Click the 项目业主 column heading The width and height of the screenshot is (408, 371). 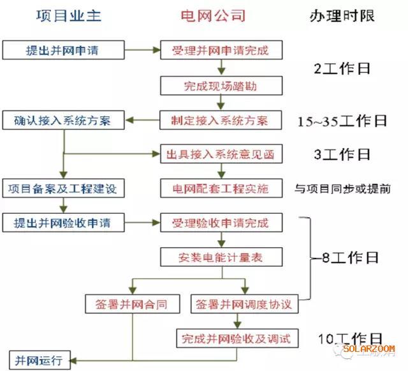click(69, 16)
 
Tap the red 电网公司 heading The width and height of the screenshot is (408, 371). click(213, 16)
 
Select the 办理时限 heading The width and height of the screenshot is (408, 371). click(342, 16)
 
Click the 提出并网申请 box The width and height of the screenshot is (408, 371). click(63, 50)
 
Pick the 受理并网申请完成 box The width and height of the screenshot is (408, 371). click(221, 50)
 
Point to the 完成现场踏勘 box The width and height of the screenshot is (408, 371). click(221, 86)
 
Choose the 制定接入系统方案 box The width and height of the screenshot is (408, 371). click(221, 120)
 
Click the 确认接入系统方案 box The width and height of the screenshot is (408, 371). click(63, 120)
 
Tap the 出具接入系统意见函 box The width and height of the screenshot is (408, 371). click(221, 154)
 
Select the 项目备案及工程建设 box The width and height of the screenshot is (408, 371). click(63, 188)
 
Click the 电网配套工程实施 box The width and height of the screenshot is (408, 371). click(221, 188)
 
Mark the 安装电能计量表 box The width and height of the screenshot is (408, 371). click(221, 257)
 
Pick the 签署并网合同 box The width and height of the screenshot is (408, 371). click(133, 304)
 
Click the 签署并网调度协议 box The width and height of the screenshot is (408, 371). click(244, 304)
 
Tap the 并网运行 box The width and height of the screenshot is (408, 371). click(40, 360)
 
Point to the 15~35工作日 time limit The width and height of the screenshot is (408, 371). click(342, 121)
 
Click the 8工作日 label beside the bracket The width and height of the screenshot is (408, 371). click(350, 257)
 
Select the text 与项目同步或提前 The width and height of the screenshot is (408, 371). click(342, 189)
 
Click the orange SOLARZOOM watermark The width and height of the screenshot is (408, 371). click(368, 349)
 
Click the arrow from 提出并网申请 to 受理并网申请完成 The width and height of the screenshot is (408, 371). click(142, 50)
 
